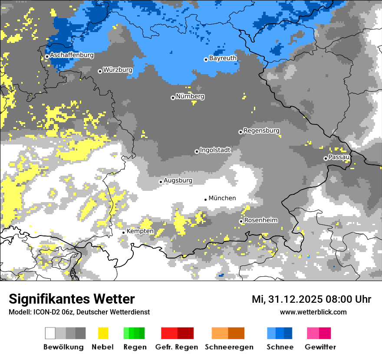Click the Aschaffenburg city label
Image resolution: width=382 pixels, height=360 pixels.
[72, 56]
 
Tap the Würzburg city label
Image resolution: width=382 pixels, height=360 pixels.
[118, 70]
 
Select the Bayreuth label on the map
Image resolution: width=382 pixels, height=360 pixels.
[223, 58]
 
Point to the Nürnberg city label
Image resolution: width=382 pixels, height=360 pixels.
[190, 96]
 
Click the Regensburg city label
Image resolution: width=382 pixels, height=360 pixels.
[261, 131]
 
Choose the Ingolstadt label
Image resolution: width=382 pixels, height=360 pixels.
[215, 150]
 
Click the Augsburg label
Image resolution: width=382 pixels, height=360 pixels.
[178, 180]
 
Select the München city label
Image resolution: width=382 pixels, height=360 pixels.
[222, 198]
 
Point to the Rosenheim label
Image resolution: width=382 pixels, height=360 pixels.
[261, 220]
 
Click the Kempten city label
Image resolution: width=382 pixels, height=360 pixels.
[140, 231]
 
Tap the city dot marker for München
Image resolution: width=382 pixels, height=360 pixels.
[205, 199]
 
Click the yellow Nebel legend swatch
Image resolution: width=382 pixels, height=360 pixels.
[103, 333]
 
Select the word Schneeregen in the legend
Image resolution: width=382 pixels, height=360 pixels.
[229, 347]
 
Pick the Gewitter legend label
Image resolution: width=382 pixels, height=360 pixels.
[320, 347]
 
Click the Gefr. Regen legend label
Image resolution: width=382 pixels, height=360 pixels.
[177, 347]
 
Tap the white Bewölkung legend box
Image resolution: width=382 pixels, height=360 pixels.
[50, 333]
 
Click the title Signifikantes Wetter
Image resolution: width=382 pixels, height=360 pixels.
[72, 299]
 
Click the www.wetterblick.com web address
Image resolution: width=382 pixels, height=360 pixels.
[313, 312]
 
